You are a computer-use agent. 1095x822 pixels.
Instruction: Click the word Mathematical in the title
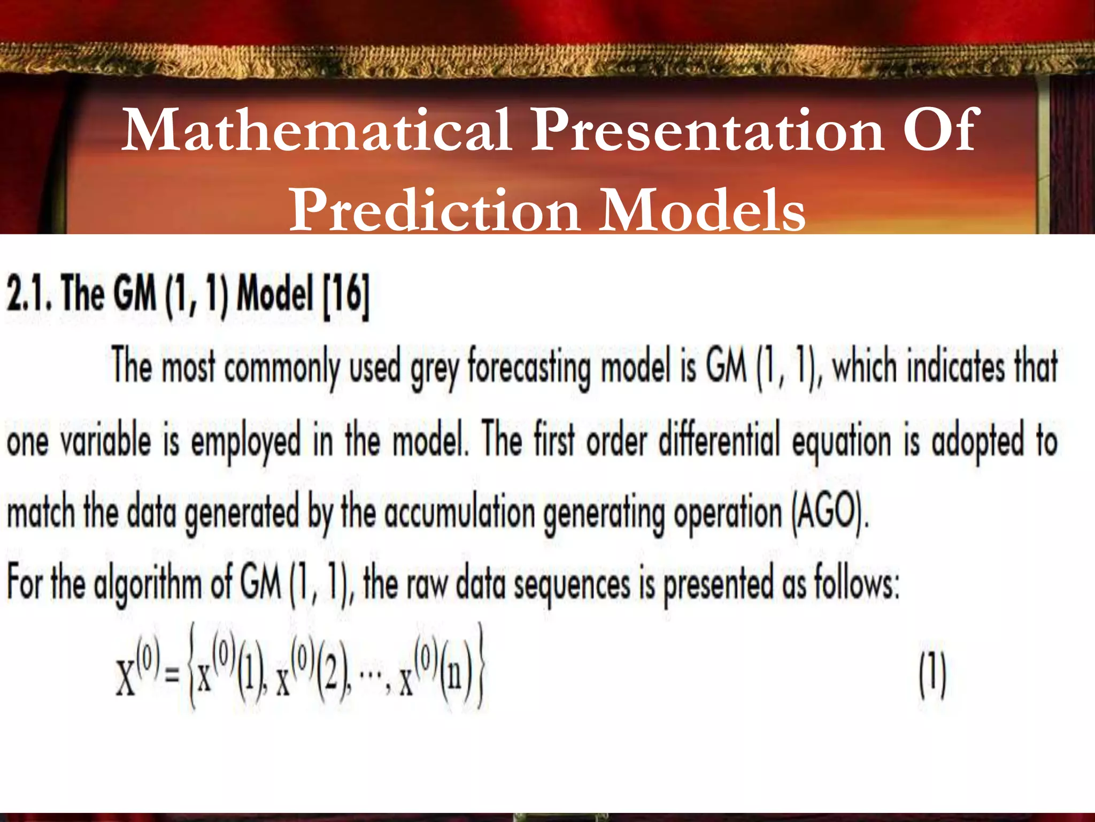pyautogui.click(x=316, y=130)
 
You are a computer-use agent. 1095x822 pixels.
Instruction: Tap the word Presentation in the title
pyautogui.click(x=706, y=130)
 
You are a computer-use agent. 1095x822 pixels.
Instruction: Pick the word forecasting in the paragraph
pyautogui.click(x=529, y=368)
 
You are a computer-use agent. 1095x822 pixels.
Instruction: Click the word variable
pyautogui.click(x=105, y=442)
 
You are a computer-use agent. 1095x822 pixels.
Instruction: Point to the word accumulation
pyautogui.click(x=459, y=513)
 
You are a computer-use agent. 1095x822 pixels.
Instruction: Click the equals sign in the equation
pyautogui.click(x=172, y=680)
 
